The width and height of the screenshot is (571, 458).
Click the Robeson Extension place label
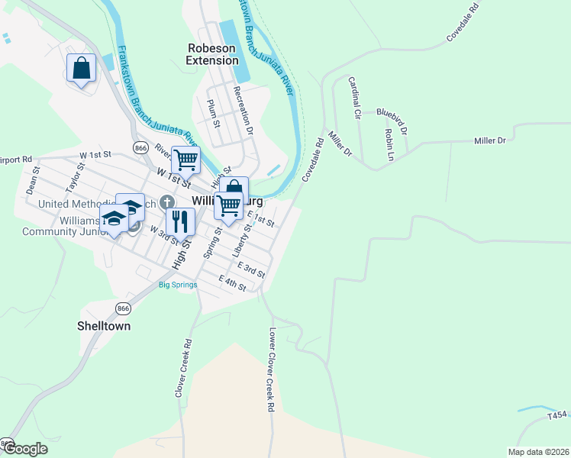point(212,54)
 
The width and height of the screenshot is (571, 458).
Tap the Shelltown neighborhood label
point(104,326)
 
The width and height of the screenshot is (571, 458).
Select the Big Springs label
point(178,285)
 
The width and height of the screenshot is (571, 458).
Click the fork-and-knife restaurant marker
point(180,221)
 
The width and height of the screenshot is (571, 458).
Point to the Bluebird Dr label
point(392,118)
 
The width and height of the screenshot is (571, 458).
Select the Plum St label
point(214,113)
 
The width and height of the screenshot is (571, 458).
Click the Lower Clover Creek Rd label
point(270,370)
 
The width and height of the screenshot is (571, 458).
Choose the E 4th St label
point(232,282)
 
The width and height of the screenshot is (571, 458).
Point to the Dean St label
point(32,181)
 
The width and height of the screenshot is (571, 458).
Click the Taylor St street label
point(73,176)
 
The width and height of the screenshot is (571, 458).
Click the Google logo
point(25,449)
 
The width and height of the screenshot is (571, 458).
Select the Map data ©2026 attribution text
point(538,452)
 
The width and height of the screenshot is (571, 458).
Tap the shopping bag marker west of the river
point(81,69)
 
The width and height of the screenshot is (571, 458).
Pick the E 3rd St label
point(251,269)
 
